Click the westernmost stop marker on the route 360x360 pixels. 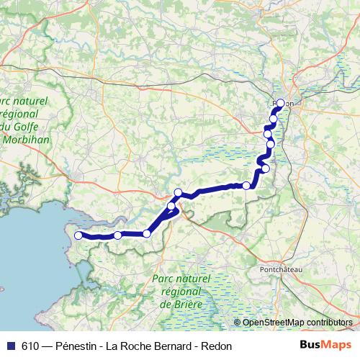click(78, 235)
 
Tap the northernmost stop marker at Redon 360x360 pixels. click(281, 103)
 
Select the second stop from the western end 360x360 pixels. click(117, 235)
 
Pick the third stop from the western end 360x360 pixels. click(147, 233)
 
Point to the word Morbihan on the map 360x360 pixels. click(27, 140)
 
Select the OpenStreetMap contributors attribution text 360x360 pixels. click(297, 323)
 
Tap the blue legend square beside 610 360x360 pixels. click(10, 346)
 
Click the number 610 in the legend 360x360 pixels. click(30, 346)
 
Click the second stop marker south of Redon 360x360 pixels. click(268, 134)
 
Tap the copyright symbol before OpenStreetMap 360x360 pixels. click(238, 323)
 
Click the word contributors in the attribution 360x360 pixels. click(328, 323)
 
